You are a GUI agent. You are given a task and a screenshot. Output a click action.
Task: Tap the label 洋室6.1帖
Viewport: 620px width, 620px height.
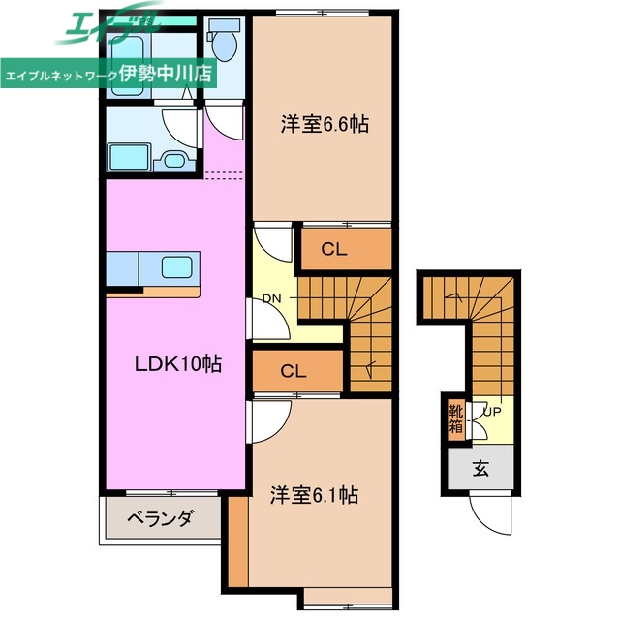pos(314,495)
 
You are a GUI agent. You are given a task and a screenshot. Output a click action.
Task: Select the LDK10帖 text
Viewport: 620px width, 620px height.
pos(177,364)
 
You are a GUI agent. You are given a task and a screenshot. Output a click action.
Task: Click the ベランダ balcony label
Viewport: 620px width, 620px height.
pos(160,519)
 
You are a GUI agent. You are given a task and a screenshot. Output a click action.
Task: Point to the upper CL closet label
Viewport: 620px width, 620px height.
pos(334,249)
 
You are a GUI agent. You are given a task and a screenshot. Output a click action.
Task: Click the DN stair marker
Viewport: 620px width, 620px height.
pos(271,298)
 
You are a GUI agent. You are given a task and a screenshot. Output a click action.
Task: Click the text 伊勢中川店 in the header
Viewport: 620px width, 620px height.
pos(166,74)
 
